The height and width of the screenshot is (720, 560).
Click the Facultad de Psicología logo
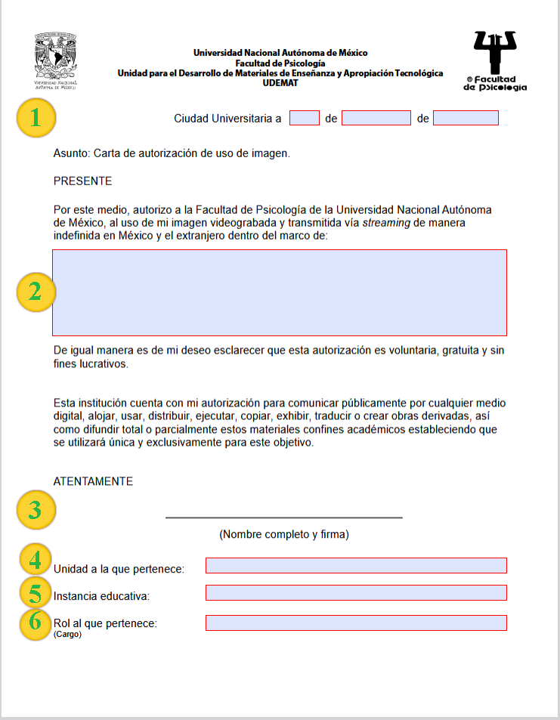(x=495, y=60)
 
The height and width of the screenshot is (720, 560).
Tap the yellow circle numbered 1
(x=35, y=118)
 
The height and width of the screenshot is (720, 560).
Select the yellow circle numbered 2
(x=35, y=292)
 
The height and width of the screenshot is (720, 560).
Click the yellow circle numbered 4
(x=35, y=560)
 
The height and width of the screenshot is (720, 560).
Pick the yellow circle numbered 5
(x=35, y=592)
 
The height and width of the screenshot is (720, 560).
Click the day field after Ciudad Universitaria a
(x=305, y=118)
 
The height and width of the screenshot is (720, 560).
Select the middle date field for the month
(x=376, y=118)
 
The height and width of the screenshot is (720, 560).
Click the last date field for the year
(x=466, y=118)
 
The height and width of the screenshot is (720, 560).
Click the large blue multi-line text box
(x=279, y=292)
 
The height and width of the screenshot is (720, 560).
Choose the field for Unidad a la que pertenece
(x=355, y=566)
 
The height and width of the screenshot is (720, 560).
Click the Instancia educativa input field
(x=355, y=592)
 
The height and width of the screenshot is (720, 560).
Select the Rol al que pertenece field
(x=355, y=623)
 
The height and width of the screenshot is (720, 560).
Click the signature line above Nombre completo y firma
(x=283, y=518)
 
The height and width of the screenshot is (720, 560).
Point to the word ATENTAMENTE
(x=93, y=481)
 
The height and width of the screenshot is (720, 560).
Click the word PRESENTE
(x=82, y=181)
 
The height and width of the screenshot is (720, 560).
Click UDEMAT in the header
(x=280, y=83)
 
